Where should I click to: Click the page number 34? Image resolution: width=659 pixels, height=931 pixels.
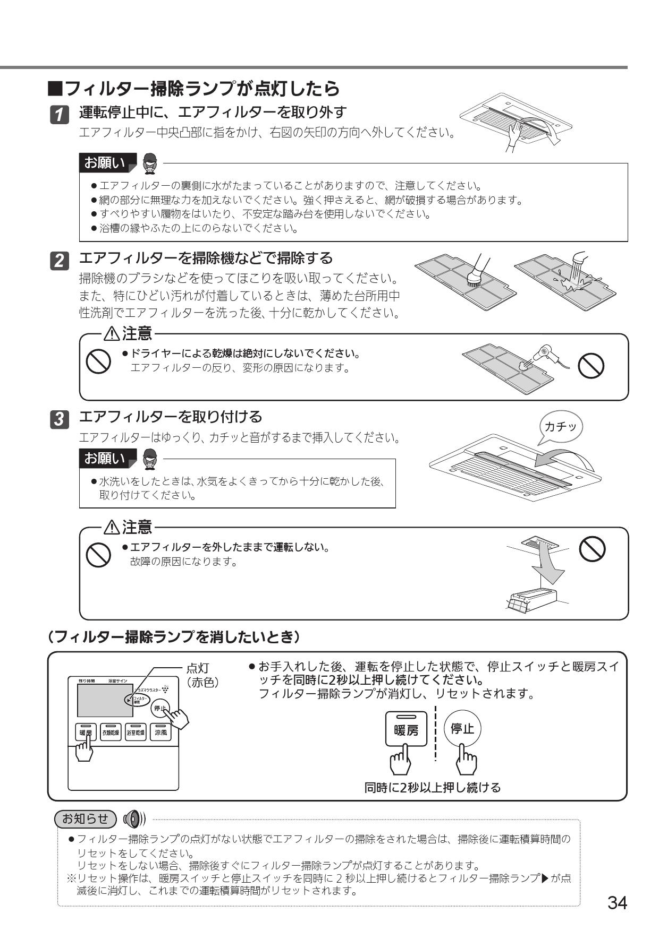(617, 902)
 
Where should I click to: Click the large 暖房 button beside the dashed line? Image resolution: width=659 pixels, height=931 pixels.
(406, 729)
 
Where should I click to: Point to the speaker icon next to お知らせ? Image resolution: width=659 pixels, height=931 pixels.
(133, 818)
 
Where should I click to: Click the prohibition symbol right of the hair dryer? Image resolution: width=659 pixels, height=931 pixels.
(591, 366)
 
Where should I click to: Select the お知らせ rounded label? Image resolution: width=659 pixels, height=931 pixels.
(85, 818)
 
